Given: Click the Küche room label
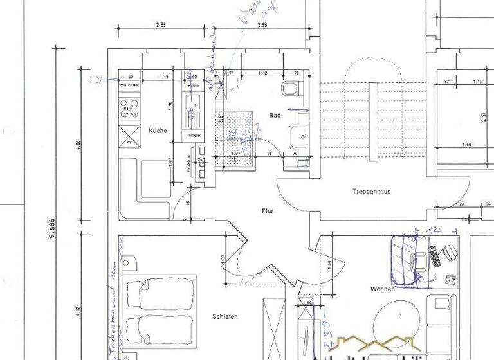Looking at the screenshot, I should pos(158,130).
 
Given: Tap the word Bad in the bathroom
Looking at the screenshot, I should pos(275,115).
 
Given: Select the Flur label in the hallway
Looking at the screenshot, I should pos(268,211).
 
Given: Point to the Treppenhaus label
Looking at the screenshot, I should pos(371,191).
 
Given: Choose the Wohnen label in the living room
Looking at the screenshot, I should pos(382,289).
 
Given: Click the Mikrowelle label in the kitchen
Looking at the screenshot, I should pos(129,85).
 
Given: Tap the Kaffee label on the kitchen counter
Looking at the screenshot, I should pos(193,85).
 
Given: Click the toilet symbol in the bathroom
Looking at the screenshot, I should pos(290,89).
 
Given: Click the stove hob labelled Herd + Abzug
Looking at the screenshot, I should pos(129,110).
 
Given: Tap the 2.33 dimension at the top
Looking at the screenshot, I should pos(161,25).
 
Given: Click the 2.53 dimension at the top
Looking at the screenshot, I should pos(262,25).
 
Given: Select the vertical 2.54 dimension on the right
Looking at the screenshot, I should pos(482,116).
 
